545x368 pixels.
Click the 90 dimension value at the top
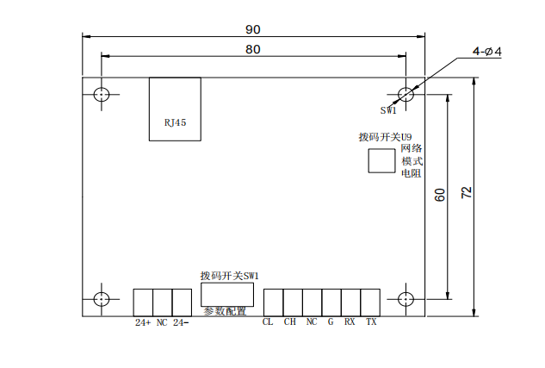(x=253, y=28)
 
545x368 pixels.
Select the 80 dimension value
(x=253, y=49)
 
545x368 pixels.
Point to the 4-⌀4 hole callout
(x=486, y=53)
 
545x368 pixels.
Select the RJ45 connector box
(x=175, y=107)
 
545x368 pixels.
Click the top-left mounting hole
(x=102, y=94)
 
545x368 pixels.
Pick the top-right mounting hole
(x=406, y=94)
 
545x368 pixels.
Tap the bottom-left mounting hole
(x=102, y=299)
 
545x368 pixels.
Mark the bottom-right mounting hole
(x=406, y=299)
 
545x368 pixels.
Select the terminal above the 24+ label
(x=143, y=303)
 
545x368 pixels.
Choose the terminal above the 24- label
(x=182, y=303)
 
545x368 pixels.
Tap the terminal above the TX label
(x=371, y=303)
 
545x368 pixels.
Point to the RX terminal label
(x=350, y=322)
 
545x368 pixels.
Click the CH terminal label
(x=289, y=322)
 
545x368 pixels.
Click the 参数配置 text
(x=225, y=311)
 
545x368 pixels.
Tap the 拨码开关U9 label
(x=385, y=137)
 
